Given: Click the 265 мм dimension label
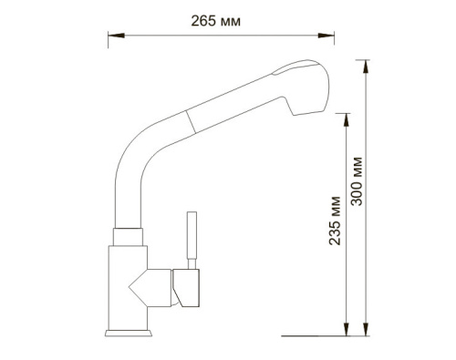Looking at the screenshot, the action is coord(215,21).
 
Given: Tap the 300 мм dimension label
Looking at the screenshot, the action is coord(357,181).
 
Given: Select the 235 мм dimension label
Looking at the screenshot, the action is coord(335,221).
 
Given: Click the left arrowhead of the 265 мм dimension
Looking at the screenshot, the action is coord(116,36).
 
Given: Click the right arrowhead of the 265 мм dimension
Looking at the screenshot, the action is coord(326,36).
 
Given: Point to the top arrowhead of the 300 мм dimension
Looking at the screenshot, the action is coord(366,67).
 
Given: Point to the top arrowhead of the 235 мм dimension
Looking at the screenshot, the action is coord(346,120).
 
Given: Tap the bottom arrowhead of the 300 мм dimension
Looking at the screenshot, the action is coord(366,329).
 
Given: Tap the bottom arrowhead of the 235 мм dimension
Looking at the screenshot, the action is coord(346,329).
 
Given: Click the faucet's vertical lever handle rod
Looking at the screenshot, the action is coord(192,240).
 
